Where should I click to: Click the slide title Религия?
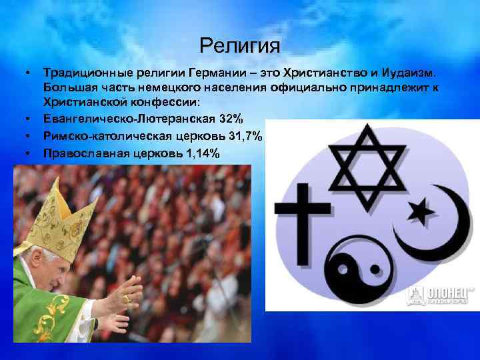(x=240, y=46)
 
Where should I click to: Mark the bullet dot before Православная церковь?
(x=30, y=153)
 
